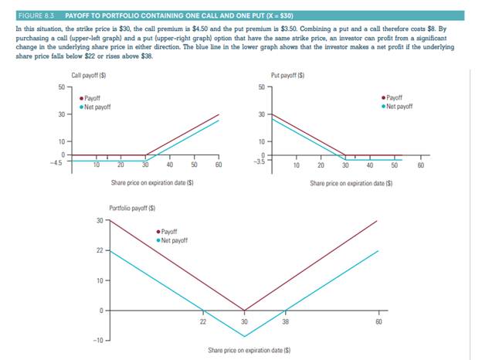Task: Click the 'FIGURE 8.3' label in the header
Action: (33, 15)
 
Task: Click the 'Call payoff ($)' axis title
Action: (87, 76)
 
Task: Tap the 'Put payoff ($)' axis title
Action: (287, 76)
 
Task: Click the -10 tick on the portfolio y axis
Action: (97, 340)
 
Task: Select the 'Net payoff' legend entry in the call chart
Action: (97, 107)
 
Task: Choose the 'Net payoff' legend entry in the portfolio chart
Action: (175, 239)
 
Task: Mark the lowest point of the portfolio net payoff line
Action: (244, 337)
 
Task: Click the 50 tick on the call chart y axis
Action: (60, 87)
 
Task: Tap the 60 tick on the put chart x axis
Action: (419, 165)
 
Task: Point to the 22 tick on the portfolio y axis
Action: (99, 250)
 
